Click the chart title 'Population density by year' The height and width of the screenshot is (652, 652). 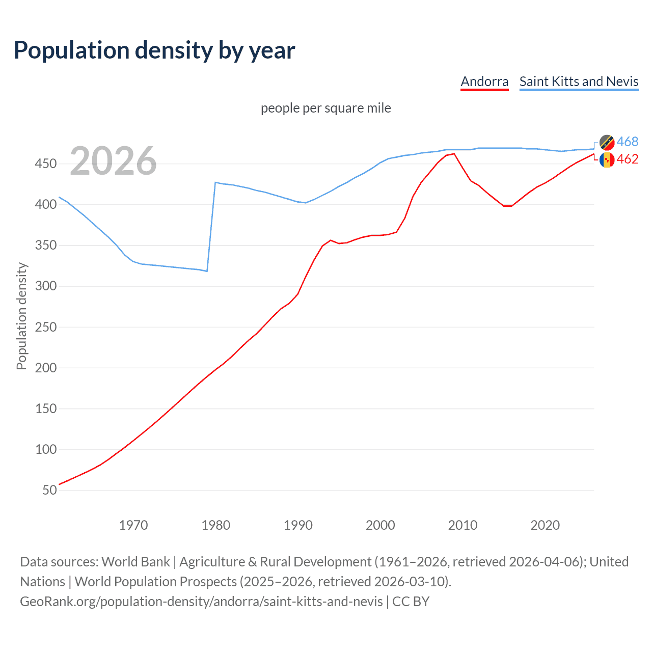click(154, 50)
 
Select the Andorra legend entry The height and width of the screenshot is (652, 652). click(484, 81)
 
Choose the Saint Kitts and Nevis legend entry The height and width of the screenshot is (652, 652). click(579, 81)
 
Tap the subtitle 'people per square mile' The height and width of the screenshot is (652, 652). click(325, 108)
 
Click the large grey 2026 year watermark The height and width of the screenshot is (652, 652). click(113, 161)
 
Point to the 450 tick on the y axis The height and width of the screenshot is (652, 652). click(45, 164)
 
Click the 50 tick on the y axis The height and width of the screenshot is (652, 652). click(49, 490)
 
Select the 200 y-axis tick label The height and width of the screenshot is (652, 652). click(45, 368)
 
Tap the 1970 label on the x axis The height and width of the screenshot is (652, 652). click(133, 525)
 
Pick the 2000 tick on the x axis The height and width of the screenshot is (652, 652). click(381, 525)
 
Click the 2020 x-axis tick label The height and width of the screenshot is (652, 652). click(545, 525)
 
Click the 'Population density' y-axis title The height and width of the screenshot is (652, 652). click(21, 316)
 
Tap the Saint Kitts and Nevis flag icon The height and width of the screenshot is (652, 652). click(607, 142)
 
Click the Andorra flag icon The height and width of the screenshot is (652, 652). click(607, 160)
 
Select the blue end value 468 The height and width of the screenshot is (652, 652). click(628, 142)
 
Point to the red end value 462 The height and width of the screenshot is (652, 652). click(628, 159)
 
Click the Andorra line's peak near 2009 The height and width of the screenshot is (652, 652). click(454, 154)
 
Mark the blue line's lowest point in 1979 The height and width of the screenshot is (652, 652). click(207, 271)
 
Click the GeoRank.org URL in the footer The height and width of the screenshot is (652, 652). click(201, 602)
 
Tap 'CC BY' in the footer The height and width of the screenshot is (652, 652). click(411, 602)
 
